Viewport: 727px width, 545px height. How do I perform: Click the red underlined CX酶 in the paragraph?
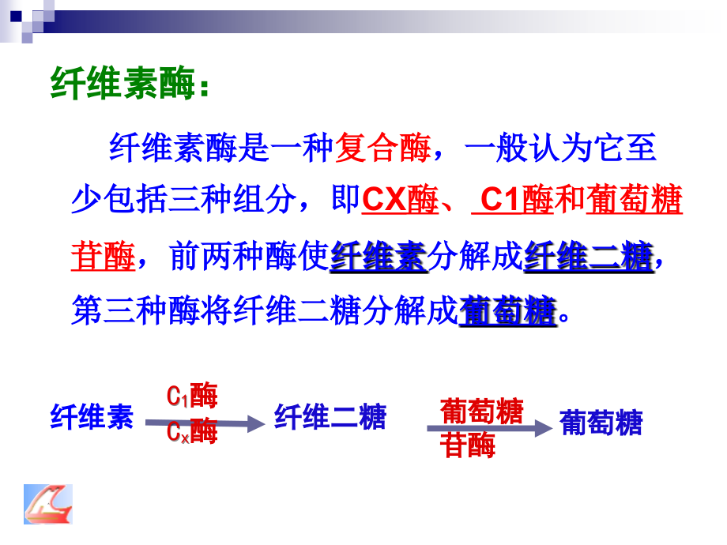pyautogui.click(x=400, y=201)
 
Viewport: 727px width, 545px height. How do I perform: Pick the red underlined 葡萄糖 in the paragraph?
pyautogui.click(x=634, y=201)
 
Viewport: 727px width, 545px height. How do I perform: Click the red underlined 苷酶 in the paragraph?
pyautogui.click(x=103, y=256)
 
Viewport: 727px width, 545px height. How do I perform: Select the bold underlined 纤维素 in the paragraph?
pyautogui.click(x=379, y=257)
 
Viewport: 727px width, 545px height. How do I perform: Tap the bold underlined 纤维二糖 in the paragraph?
pyautogui.click(x=588, y=257)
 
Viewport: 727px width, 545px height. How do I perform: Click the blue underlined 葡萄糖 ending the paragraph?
pyautogui.click(x=507, y=310)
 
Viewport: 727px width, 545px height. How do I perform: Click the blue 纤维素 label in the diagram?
pyautogui.click(x=92, y=416)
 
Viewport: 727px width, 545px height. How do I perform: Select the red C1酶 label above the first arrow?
pyautogui.click(x=192, y=395)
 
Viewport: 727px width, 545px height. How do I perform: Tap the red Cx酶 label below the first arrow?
pyautogui.click(x=192, y=432)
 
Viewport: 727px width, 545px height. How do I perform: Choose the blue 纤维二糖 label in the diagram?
pyautogui.click(x=330, y=416)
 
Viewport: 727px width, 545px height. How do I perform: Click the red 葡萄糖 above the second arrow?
pyautogui.click(x=481, y=411)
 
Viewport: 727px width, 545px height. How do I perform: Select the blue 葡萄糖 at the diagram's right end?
pyautogui.click(x=601, y=423)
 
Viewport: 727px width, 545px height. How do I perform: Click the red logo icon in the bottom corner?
pyautogui.click(x=47, y=506)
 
